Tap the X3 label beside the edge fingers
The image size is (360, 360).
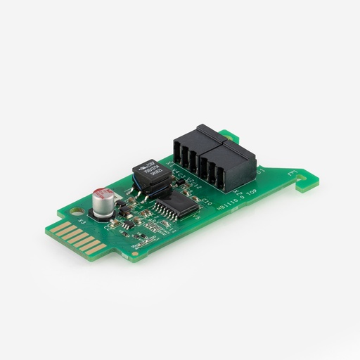[x=82, y=222]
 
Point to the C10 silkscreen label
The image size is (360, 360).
[x=206, y=202]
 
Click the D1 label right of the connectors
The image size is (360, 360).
[x=261, y=172]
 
